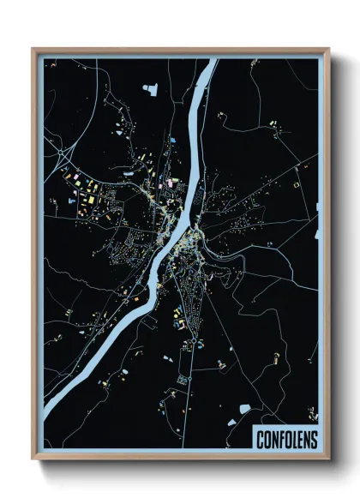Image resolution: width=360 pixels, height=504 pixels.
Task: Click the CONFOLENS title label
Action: [x=286, y=440]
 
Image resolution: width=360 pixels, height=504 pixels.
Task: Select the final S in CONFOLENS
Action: [x=313, y=440]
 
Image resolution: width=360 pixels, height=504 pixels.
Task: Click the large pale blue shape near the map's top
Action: [x=155, y=87]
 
